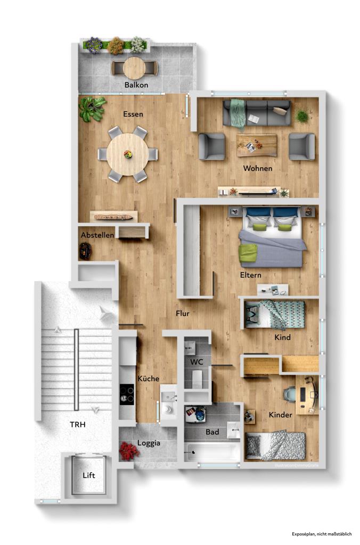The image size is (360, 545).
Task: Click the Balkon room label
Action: pyautogui.click(x=136, y=85)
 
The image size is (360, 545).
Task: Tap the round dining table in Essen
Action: pyautogui.click(x=128, y=154)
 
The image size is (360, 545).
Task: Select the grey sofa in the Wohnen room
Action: pyautogui.click(x=257, y=112)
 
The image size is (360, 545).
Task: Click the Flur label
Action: pyautogui.click(x=183, y=313)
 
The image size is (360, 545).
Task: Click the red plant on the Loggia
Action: pyautogui.click(x=128, y=451)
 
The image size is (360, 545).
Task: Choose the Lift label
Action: pyautogui.click(x=89, y=475)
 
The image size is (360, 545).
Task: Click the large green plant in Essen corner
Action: pyautogui.click(x=92, y=109)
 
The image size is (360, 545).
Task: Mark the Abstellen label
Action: pyautogui.click(x=97, y=235)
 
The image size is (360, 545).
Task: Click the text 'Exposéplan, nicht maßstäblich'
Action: pyautogui.click(x=321, y=533)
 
